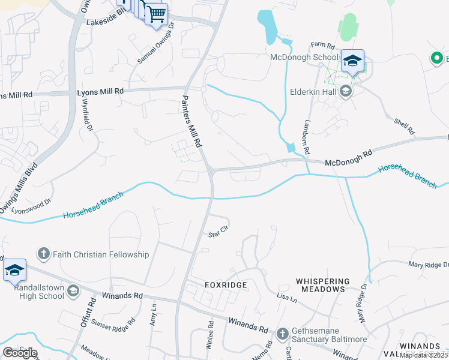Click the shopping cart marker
click(156, 13)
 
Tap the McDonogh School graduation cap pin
click(352, 61)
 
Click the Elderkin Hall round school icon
click(345, 92)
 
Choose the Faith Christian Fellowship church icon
click(43, 254)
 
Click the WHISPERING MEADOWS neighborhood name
click(322, 285)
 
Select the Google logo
click(20, 353)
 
